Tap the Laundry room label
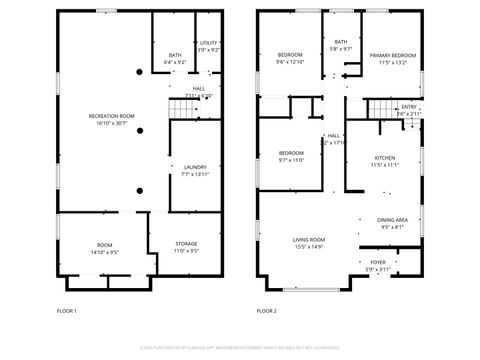(195, 167)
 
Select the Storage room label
(186, 243)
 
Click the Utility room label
(208, 43)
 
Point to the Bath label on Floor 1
(175, 56)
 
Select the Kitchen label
(385, 158)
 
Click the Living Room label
(308, 240)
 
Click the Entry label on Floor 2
(408, 107)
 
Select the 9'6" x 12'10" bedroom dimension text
(289, 62)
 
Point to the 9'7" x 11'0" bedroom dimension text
(290, 160)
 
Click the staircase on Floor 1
(180, 106)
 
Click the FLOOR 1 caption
(67, 311)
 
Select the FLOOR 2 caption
(267, 311)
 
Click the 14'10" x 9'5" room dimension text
(105, 251)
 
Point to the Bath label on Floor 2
(342, 42)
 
